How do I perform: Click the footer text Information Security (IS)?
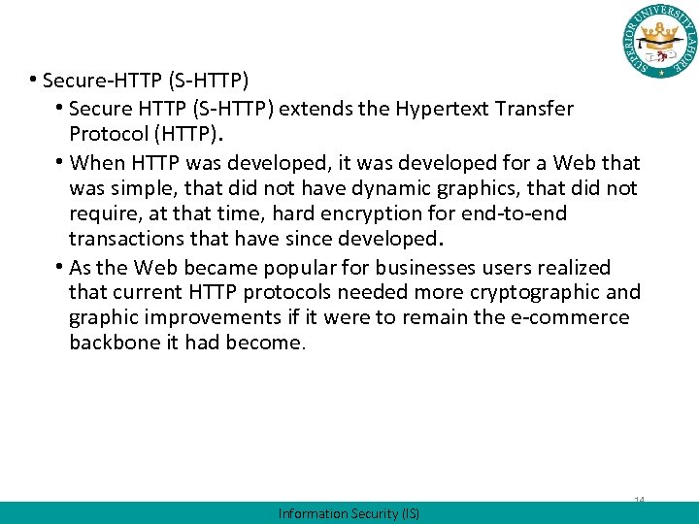point(349,513)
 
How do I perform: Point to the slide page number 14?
point(640,500)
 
